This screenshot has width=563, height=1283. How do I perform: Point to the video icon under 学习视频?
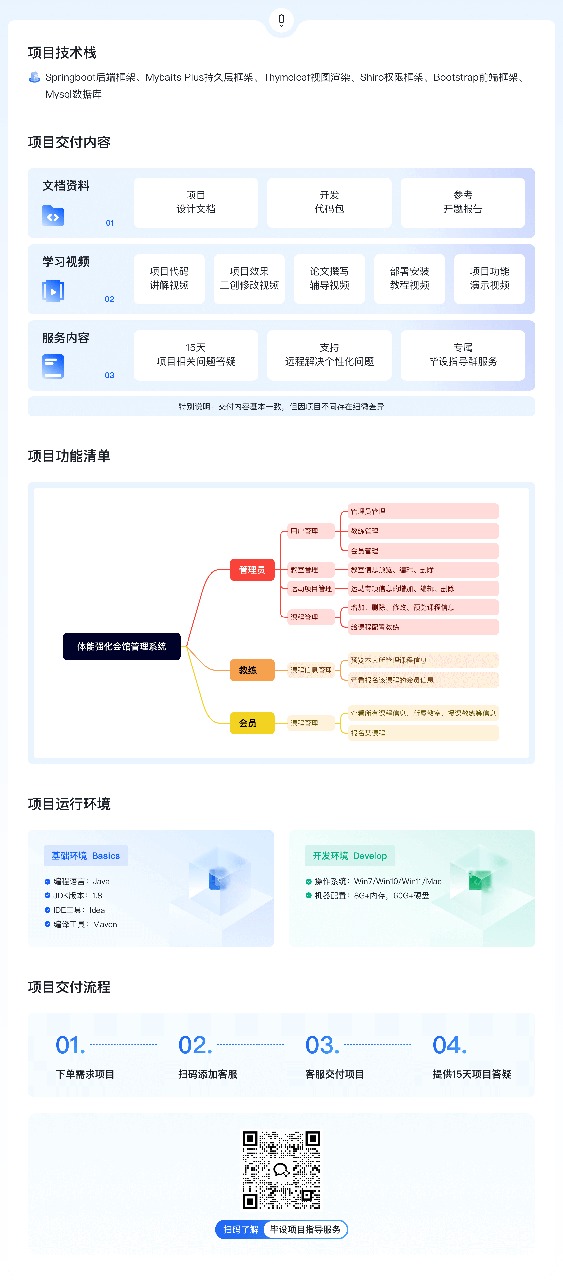pos(53,291)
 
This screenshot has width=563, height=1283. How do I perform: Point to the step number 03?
pos(322,1045)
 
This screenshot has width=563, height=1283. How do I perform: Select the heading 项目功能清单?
pos(69,456)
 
